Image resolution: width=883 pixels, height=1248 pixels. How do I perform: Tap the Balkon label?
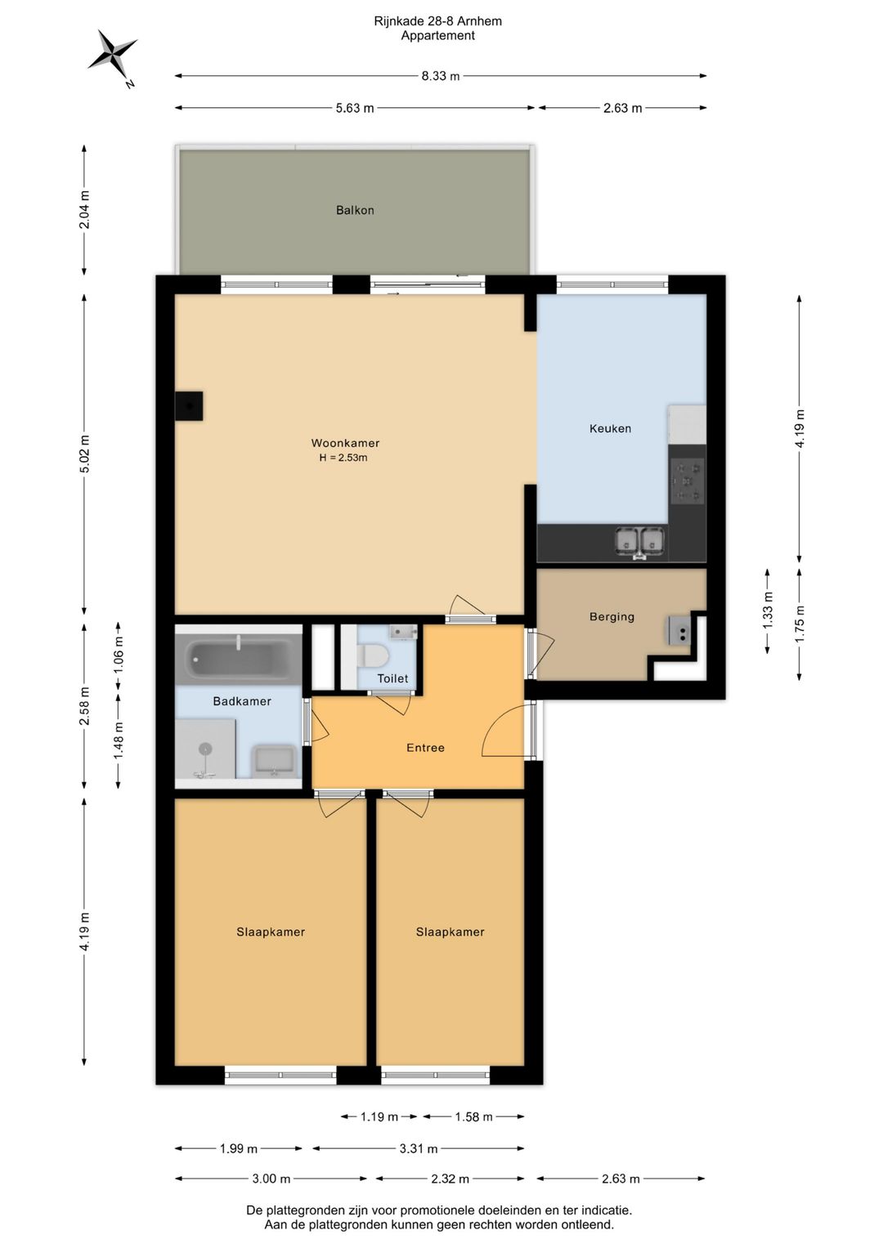(355, 210)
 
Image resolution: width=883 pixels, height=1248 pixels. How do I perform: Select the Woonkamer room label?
(345, 443)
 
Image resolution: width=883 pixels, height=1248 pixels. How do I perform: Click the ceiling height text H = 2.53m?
(343, 458)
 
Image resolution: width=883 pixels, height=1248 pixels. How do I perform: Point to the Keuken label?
(611, 428)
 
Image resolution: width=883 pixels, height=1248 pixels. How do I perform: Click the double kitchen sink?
(639, 542)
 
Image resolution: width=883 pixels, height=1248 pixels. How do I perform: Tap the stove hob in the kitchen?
(688, 481)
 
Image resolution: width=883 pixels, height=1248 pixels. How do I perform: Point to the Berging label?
(612, 617)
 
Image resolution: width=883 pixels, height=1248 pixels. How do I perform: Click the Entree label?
(425, 748)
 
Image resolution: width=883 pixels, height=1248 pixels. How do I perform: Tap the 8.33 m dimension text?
(441, 76)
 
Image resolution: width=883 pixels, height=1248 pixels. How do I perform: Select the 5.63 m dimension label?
(355, 108)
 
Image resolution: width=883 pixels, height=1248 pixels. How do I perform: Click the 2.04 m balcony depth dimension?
(84, 209)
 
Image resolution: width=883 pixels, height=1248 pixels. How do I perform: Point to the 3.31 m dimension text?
(418, 1148)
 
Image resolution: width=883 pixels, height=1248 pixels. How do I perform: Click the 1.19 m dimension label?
(379, 1116)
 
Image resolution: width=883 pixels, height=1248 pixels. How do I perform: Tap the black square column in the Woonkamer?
(189, 405)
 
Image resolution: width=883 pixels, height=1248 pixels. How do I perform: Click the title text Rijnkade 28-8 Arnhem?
(437, 21)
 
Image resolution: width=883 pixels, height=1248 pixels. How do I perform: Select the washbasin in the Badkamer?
(273, 761)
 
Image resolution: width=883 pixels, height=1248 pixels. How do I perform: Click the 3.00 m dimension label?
(271, 1179)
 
